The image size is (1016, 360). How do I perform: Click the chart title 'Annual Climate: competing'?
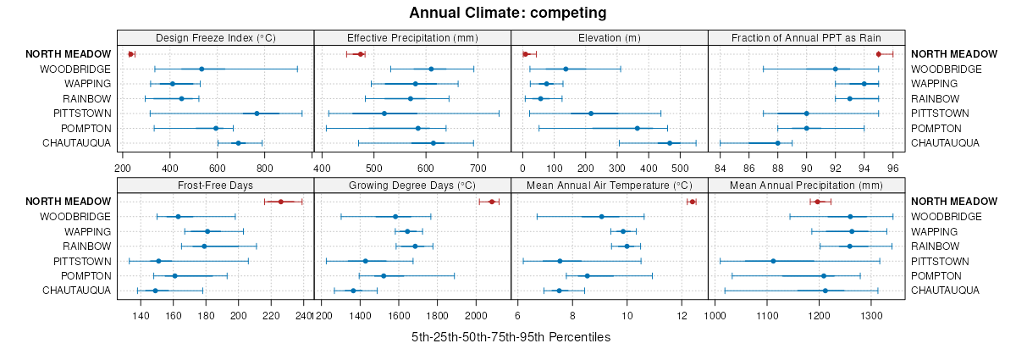tap(508, 13)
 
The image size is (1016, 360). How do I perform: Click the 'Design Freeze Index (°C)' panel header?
tap(215, 37)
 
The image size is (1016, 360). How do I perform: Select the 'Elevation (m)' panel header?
tap(609, 37)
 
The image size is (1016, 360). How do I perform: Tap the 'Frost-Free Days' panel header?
tap(215, 185)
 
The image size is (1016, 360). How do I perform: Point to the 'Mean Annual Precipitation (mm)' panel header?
tap(805, 185)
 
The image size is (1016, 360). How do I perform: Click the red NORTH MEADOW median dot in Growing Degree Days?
tap(491, 202)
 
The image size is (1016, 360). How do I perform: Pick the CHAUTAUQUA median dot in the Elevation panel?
tap(669, 143)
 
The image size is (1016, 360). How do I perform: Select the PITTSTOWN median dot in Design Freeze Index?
tap(257, 114)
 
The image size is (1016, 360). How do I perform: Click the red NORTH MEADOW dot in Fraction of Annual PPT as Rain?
tap(878, 54)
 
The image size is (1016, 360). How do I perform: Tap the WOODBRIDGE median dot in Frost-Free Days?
tap(178, 217)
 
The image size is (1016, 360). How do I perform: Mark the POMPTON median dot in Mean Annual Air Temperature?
tap(587, 276)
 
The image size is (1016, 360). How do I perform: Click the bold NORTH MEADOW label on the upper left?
tap(68, 54)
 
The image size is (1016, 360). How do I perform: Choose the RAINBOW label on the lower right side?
tap(934, 246)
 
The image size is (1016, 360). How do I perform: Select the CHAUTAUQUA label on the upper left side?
tap(76, 143)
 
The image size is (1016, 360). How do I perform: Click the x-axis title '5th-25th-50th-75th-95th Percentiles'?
tap(511, 337)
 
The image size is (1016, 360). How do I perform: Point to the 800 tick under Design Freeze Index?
tap(264, 168)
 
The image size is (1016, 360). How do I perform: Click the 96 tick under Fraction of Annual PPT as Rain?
tap(892, 168)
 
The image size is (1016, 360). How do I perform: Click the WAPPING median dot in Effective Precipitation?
tap(415, 84)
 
